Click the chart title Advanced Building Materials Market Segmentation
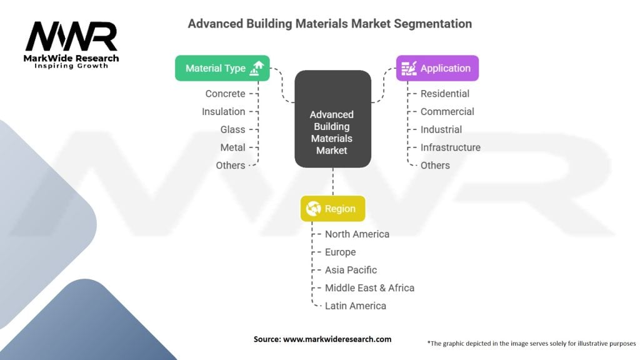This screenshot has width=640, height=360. (x=329, y=24)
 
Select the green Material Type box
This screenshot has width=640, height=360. (x=222, y=68)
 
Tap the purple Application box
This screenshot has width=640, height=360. (x=437, y=68)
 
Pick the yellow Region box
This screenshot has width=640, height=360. (x=332, y=209)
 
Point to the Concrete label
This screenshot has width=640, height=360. (x=225, y=94)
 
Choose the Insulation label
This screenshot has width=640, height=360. (x=223, y=112)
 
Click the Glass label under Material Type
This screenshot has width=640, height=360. (x=232, y=129)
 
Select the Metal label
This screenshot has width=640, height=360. (x=232, y=147)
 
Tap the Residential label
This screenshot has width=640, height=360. (x=445, y=94)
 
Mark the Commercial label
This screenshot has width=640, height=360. (x=447, y=112)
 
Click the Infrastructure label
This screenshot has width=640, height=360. (x=450, y=147)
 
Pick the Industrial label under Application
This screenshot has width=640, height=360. (x=441, y=129)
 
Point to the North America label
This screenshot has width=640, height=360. (x=357, y=234)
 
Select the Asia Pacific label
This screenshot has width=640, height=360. (x=351, y=270)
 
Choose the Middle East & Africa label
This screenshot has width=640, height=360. (x=369, y=288)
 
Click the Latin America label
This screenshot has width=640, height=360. (x=355, y=306)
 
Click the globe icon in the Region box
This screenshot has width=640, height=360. (x=313, y=209)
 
